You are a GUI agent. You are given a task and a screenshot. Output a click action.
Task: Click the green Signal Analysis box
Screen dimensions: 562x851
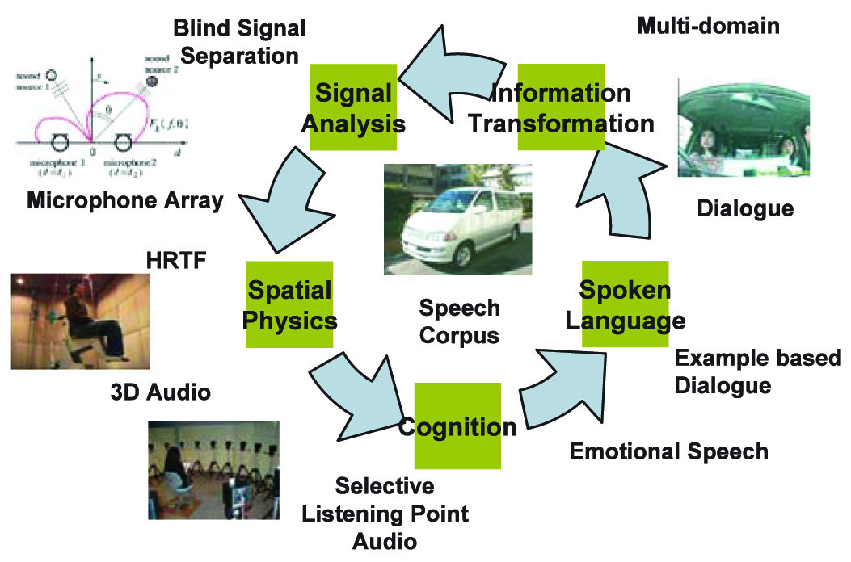[x=354, y=108]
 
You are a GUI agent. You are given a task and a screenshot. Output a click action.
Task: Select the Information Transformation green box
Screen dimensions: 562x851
[x=561, y=108]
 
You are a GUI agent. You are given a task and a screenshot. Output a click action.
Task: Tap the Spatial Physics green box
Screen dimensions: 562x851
[x=289, y=304]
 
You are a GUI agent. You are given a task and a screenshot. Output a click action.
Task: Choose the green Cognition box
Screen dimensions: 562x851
[x=457, y=426]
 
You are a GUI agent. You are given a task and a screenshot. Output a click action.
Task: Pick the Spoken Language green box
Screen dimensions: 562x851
[x=625, y=304]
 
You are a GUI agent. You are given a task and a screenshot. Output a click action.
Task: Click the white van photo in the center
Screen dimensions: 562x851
[x=451, y=220]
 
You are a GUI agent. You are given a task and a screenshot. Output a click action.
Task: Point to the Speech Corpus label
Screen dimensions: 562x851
[x=459, y=321]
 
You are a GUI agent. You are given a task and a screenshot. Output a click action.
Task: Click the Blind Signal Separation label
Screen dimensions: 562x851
[x=239, y=42]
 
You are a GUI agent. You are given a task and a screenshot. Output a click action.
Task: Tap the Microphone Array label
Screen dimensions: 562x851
[x=125, y=200]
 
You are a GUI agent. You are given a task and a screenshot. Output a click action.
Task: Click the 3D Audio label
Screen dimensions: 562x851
[x=160, y=392]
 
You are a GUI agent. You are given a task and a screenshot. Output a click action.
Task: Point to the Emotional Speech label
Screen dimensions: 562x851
[x=668, y=451]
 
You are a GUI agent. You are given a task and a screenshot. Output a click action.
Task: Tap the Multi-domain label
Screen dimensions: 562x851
[x=708, y=26]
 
